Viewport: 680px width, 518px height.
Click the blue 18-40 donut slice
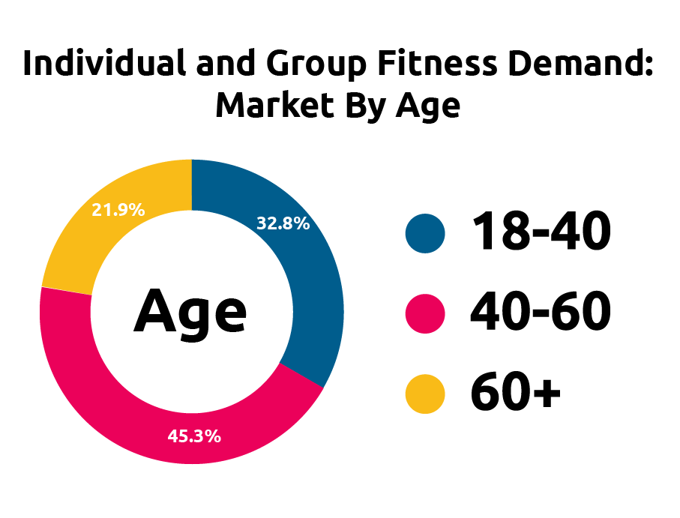click(x=315, y=300)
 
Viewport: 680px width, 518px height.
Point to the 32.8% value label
click(x=283, y=223)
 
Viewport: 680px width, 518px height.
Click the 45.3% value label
click(x=193, y=436)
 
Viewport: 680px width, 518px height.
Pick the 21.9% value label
click(x=118, y=210)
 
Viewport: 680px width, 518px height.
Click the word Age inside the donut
click(x=190, y=312)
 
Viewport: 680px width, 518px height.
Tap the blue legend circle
click(x=425, y=232)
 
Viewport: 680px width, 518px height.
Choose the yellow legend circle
click(x=425, y=394)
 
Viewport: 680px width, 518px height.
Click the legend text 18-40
click(x=541, y=232)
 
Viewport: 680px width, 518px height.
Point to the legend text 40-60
click(x=541, y=313)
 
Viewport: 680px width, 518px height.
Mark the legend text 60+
click(x=516, y=394)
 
